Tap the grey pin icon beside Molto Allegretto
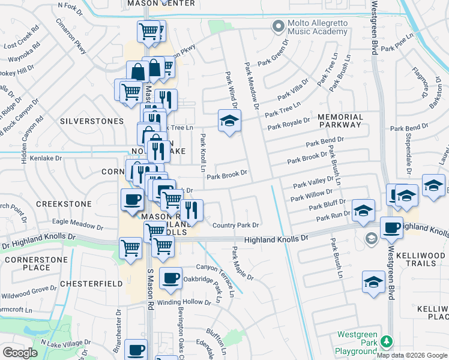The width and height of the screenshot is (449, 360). tap(277, 26)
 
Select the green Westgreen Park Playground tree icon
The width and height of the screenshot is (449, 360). tap(387, 341)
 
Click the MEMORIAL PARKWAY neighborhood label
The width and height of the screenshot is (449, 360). tap(340, 121)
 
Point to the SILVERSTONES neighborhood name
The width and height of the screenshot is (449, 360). tap(92, 121)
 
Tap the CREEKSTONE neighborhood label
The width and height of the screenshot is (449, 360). tap(64, 204)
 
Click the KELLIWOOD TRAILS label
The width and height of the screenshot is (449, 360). tap(423, 259)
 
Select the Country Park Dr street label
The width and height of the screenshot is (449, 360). tap(235, 226)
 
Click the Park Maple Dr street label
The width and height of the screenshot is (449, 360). tap(243, 265)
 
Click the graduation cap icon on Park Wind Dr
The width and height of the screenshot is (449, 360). tap(229, 122)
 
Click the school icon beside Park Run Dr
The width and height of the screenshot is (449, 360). tap(363, 211)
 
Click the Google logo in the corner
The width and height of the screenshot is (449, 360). tap(20, 353)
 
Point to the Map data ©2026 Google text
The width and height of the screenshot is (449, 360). tap(412, 355)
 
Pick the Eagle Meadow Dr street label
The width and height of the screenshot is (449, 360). tap(77, 221)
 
